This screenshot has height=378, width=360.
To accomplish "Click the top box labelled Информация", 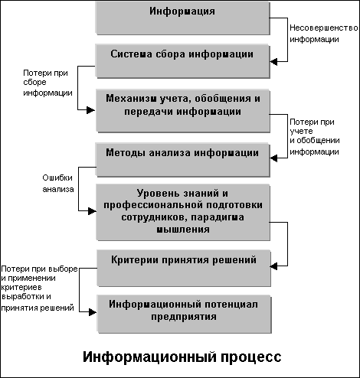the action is tap(182, 18).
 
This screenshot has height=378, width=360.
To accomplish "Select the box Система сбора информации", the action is tap(182, 61).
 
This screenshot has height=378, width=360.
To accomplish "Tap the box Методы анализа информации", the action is tap(182, 160).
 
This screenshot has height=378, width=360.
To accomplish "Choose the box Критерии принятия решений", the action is tap(184, 269).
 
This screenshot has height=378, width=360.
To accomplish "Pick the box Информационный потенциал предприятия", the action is tap(184, 314).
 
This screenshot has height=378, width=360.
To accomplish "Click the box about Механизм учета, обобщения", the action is tap(183, 111).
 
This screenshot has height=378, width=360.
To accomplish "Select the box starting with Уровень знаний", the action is tap(183, 213).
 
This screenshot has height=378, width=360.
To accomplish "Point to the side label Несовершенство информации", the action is tap(324, 34).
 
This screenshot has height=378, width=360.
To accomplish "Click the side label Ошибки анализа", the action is tap(58, 184).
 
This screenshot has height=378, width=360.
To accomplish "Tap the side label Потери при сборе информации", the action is tap(47, 83).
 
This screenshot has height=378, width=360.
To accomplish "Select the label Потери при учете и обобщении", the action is tap(315, 137).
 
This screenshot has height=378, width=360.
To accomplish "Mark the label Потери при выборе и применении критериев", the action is tap(39, 288).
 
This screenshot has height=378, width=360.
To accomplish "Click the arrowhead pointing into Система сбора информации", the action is tap(273, 61).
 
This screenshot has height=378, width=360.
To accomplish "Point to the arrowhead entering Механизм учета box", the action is tap(91, 110).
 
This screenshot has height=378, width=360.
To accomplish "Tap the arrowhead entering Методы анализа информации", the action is tap(273, 158).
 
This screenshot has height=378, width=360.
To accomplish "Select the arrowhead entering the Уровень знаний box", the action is tap(92, 211).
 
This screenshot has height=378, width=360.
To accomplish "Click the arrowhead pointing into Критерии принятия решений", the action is tap(273, 266).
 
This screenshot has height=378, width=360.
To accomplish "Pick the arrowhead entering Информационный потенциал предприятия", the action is tap(93, 312).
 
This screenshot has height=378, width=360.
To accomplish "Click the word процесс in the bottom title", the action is tap(251, 357).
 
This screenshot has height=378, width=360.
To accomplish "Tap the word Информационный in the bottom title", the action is tap(150, 357).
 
